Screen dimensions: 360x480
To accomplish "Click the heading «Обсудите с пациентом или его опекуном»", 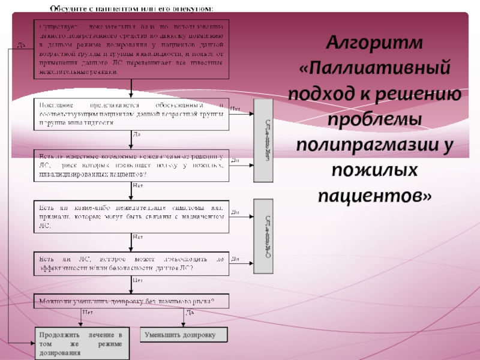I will coord(131,8).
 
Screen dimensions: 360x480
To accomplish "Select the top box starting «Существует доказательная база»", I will coord(131,49).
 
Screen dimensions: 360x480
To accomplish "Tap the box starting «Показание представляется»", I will coord(131,113).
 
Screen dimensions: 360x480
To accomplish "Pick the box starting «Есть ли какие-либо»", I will coord(131,217).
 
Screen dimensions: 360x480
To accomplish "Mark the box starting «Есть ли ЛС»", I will coord(131,263).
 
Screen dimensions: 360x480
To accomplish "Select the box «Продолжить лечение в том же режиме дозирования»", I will coord(81,343).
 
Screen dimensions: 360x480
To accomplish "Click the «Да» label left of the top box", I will coord(21,46).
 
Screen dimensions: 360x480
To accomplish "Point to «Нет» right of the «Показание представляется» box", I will coord(236,108).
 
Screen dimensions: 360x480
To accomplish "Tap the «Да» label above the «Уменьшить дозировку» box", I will coord(190,313).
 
